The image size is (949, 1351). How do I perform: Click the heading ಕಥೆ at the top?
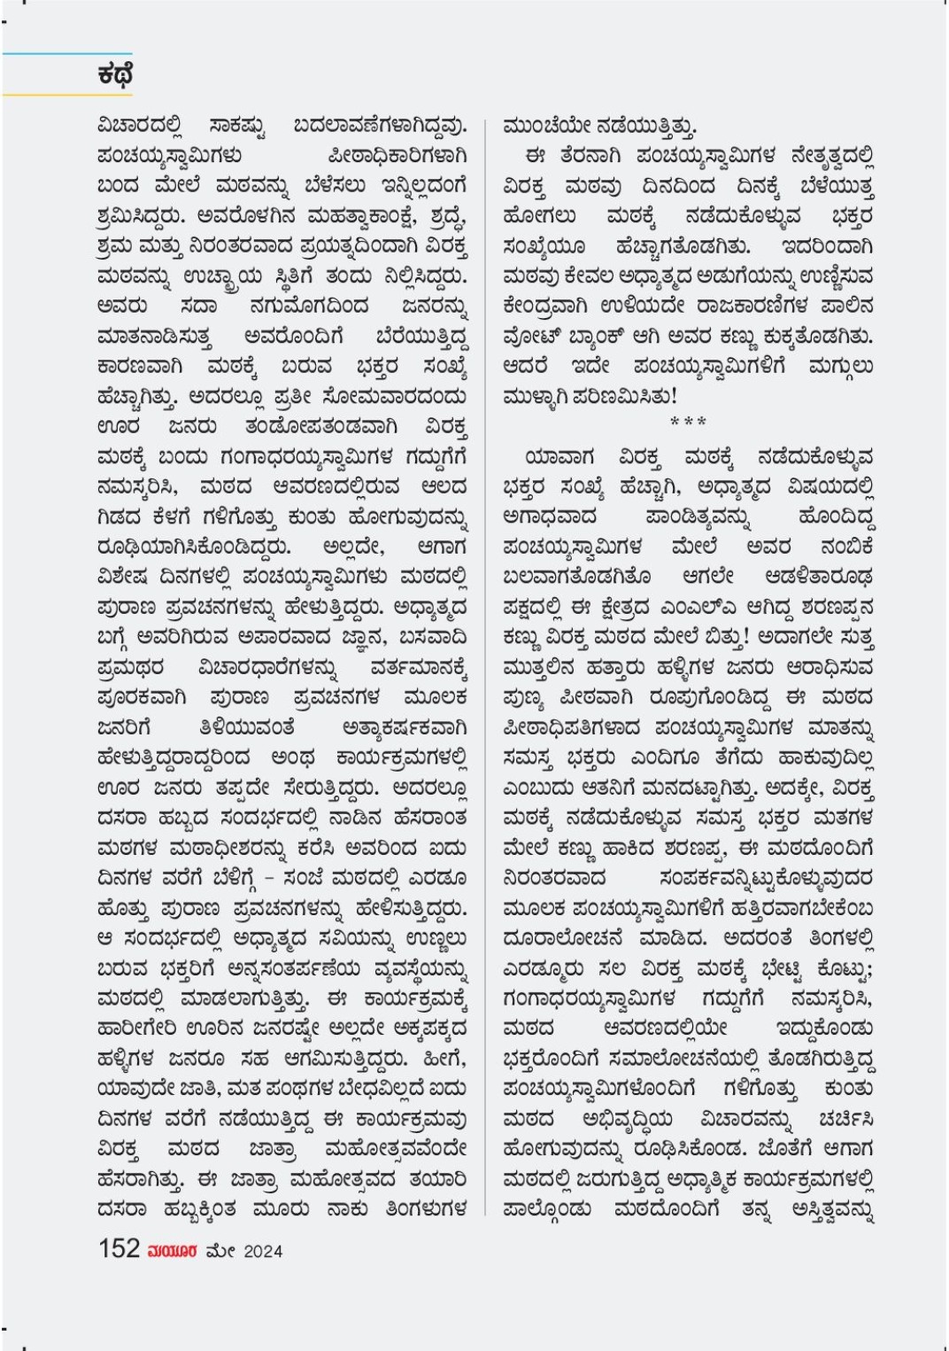coord(115,74)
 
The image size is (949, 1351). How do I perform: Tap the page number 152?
coord(120,1249)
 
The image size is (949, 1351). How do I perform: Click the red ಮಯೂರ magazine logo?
coord(173,1251)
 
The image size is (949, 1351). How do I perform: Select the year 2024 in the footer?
coord(263,1251)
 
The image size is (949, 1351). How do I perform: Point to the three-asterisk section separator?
coord(688,422)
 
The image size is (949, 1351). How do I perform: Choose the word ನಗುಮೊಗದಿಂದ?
coord(309,307)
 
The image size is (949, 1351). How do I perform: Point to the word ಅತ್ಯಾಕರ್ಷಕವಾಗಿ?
coord(404,728)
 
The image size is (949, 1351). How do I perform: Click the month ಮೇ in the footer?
coord(220,1251)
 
